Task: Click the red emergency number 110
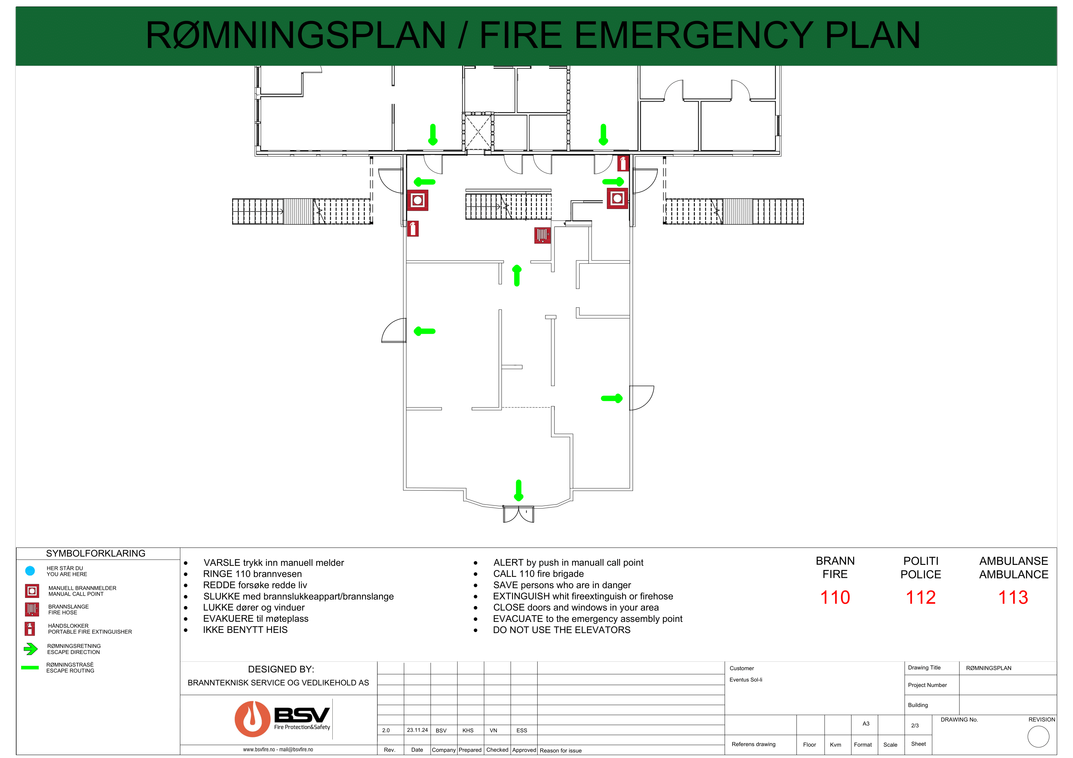pyautogui.click(x=835, y=597)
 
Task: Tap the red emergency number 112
pyautogui.click(x=920, y=597)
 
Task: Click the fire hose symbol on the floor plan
pyautogui.click(x=542, y=235)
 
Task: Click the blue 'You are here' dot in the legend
pyautogui.click(x=30, y=571)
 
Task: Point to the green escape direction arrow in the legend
pyautogui.click(x=30, y=649)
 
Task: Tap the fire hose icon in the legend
pyautogui.click(x=32, y=610)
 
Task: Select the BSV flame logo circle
pyautogui.click(x=252, y=719)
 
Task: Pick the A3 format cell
pyautogui.click(x=865, y=723)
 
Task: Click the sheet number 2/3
pyautogui.click(x=914, y=725)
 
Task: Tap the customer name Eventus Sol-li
pyautogui.click(x=745, y=680)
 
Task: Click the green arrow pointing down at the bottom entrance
pyautogui.click(x=518, y=490)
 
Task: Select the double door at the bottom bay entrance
pyautogui.click(x=518, y=514)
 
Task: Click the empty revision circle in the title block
pyautogui.click(x=1038, y=737)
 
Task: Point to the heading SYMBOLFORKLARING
pyautogui.click(x=95, y=554)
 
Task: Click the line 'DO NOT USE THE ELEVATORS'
pyautogui.click(x=561, y=630)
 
